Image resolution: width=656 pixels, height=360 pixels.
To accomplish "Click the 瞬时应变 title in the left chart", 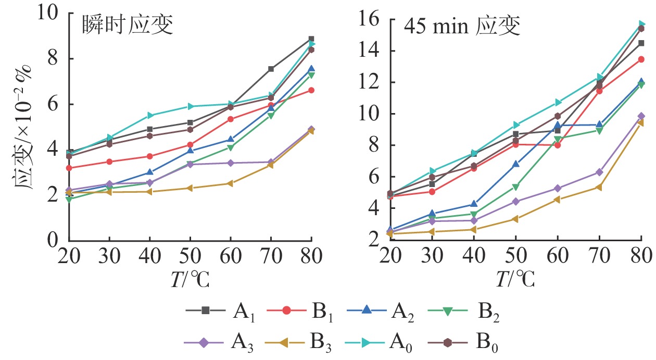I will point(127,25).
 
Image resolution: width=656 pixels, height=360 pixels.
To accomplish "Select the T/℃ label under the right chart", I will point(515,280).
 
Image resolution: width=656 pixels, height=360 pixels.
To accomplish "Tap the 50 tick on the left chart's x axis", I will point(190,257).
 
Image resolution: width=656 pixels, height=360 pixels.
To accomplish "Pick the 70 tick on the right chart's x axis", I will point(599,257).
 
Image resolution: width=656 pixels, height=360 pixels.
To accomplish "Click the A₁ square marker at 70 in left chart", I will point(271,69).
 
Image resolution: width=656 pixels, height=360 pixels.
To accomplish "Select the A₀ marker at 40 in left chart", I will point(150,115).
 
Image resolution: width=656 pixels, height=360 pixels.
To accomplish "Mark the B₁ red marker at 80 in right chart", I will point(641,59).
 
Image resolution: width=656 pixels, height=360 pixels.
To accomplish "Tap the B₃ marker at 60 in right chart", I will point(557,199).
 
